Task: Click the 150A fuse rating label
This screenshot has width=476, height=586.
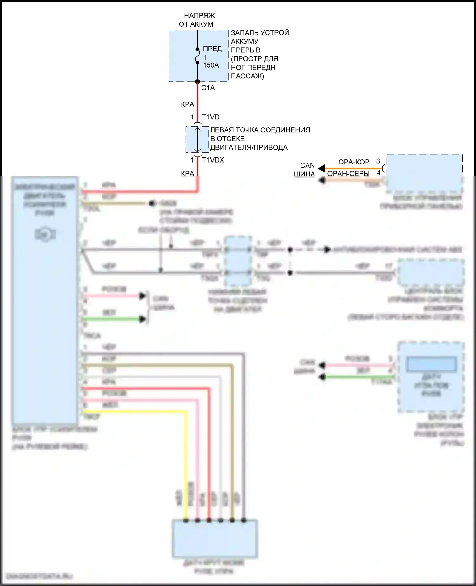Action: click(211, 65)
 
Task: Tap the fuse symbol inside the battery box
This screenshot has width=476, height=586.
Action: click(197, 56)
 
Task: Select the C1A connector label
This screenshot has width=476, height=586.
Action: click(208, 88)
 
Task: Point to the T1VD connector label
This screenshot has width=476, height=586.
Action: click(211, 117)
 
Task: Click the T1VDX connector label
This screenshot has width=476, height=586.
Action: click(213, 160)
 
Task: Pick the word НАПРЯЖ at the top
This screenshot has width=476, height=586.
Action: click(199, 16)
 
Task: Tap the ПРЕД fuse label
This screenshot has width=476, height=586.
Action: click(212, 49)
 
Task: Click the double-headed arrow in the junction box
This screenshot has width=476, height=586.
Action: click(197, 140)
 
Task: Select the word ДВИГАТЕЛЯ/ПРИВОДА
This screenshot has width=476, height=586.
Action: click(249, 148)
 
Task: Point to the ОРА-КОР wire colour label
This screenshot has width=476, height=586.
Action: click(354, 162)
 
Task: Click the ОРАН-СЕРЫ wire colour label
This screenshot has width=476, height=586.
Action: click(348, 173)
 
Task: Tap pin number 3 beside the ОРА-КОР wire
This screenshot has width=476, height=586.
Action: click(378, 161)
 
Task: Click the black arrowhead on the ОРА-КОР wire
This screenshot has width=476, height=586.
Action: click(321, 168)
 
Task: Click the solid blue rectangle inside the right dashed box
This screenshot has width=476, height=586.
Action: click(431, 364)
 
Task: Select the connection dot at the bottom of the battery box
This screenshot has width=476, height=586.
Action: click(197, 82)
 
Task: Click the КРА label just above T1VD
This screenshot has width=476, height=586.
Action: click(187, 104)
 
